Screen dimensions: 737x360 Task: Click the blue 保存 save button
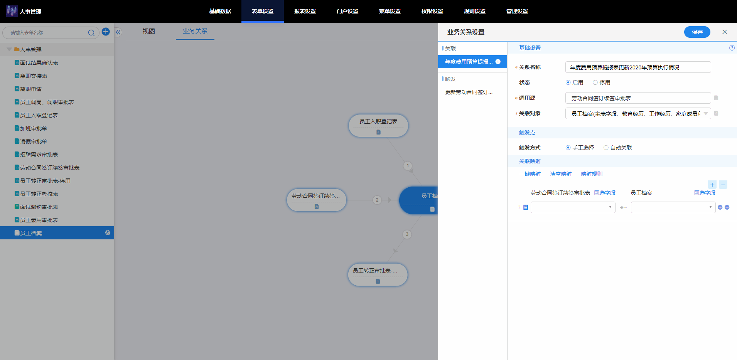click(x=697, y=32)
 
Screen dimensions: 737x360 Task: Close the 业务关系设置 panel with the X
click(x=725, y=32)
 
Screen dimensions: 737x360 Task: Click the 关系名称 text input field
click(x=638, y=67)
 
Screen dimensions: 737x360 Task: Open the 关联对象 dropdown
click(x=638, y=113)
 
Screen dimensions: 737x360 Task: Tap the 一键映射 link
click(x=530, y=174)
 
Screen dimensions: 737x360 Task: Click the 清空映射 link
click(x=561, y=174)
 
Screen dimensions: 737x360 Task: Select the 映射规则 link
click(x=592, y=174)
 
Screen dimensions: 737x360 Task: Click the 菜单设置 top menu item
click(x=390, y=11)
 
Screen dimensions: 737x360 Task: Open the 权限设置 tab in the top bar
click(x=432, y=11)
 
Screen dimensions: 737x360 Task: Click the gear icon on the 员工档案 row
click(x=108, y=233)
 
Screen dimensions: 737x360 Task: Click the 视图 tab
click(x=148, y=31)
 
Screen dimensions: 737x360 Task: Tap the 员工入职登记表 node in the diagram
click(x=378, y=125)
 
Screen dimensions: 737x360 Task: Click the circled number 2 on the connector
click(x=377, y=200)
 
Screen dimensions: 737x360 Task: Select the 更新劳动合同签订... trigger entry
click(x=469, y=92)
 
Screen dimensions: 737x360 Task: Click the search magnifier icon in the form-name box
click(x=91, y=33)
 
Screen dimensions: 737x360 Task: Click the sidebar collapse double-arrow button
click(x=118, y=32)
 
